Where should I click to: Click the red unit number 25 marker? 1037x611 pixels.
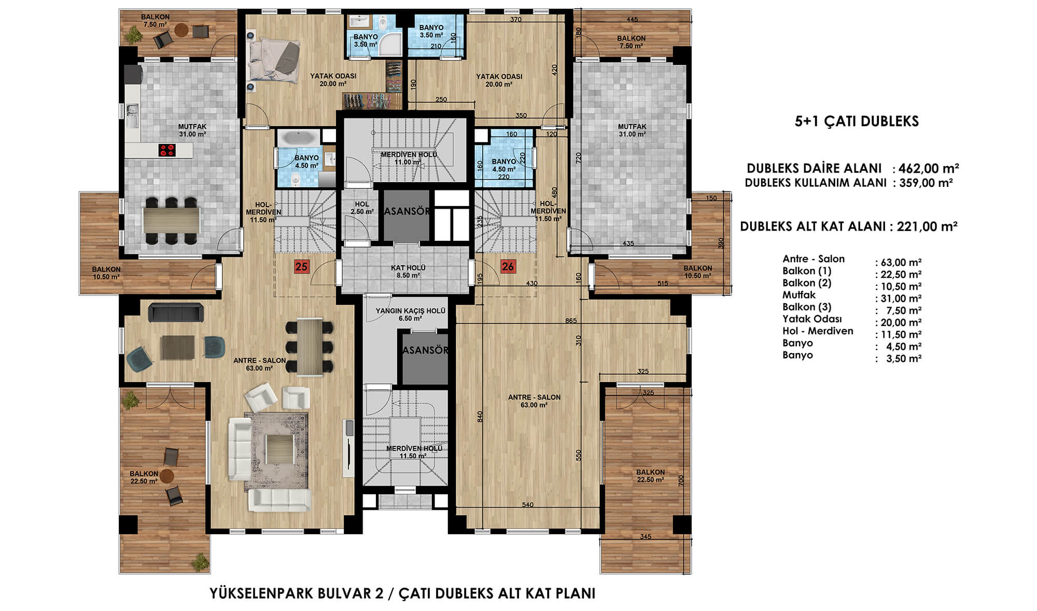tap(301, 267)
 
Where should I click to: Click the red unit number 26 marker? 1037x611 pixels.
tap(508, 267)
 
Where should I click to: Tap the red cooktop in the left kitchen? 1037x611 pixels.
tap(167, 151)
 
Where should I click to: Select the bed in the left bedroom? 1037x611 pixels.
tap(273, 62)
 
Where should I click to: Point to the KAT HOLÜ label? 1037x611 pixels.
tap(408, 268)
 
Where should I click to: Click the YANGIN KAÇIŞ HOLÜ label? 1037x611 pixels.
tap(410, 311)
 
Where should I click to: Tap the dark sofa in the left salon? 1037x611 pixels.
tap(176, 312)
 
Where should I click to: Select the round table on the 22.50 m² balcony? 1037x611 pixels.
tap(166, 476)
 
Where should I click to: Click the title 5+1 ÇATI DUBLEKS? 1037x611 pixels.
tap(857, 121)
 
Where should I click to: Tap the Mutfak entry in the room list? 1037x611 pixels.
tap(799, 295)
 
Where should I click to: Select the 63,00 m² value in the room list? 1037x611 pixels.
tap(901, 263)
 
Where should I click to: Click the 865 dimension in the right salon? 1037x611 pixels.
tap(570, 321)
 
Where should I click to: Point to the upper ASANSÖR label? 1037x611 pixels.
tap(407, 211)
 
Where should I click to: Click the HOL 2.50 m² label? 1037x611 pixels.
tap(362, 208)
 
